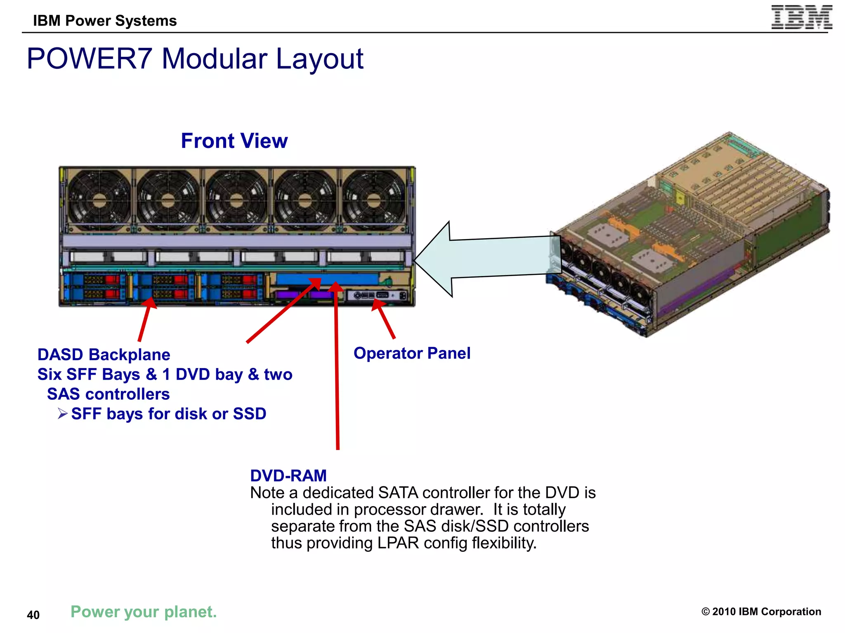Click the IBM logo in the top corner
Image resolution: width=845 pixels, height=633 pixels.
coord(801,17)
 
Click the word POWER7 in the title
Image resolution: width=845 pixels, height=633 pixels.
coord(90,59)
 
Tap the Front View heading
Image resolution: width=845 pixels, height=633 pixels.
coord(234,141)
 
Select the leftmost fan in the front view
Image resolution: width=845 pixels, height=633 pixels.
coord(98,201)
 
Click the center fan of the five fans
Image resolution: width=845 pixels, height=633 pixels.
coord(236,201)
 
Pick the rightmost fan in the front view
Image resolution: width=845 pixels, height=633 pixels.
coord(374,201)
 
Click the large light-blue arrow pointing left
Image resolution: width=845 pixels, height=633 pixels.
coord(487,259)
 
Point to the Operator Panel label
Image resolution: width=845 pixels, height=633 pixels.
coord(411,353)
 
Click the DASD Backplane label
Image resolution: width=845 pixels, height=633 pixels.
coord(104,355)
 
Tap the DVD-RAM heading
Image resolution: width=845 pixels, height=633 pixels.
coord(288,476)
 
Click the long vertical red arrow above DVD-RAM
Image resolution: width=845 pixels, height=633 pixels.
coord(337,371)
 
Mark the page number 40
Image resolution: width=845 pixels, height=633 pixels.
coord(33,615)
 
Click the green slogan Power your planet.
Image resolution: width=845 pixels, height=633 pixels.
coord(143,612)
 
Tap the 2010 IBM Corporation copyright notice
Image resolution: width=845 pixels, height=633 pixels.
coord(761,612)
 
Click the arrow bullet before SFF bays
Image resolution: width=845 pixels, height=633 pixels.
coord(62,413)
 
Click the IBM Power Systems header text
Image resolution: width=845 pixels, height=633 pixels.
coord(105,21)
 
